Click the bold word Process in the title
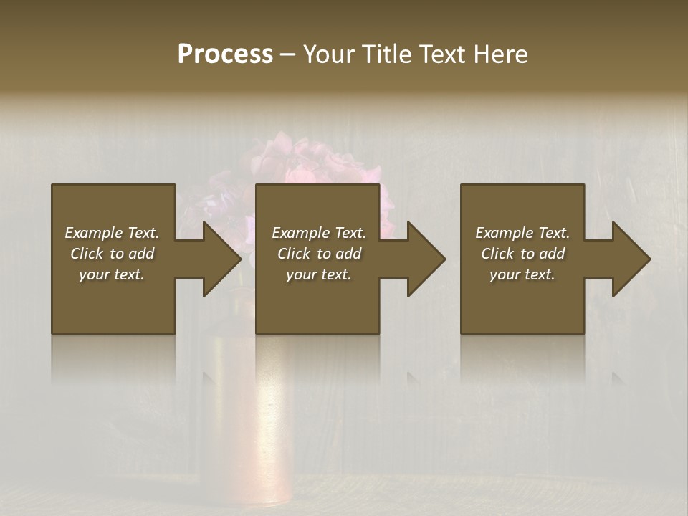click(x=225, y=54)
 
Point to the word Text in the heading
click(x=444, y=54)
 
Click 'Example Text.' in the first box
click(x=112, y=233)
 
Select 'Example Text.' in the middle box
click(x=319, y=233)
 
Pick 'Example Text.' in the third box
click(x=522, y=233)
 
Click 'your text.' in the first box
click(x=112, y=274)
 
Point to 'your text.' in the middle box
click(x=319, y=274)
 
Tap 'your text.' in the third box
click(x=522, y=274)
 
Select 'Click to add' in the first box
click(x=112, y=254)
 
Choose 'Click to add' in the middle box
click(x=319, y=254)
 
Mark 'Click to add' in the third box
click(x=522, y=254)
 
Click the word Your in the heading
click(x=330, y=54)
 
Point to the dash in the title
click(x=288, y=54)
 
